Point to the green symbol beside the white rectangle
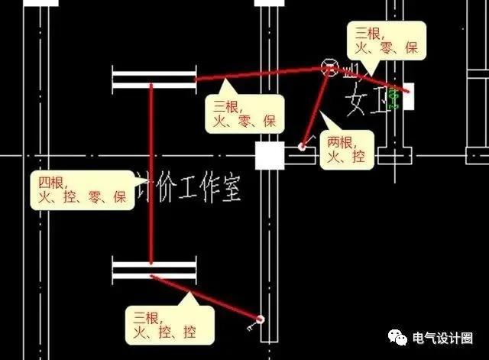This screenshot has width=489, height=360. [x=395, y=98]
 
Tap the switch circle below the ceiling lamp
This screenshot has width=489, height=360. [x=303, y=145]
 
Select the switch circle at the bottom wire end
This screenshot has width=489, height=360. [x=261, y=318]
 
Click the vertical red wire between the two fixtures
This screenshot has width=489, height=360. [x=151, y=176]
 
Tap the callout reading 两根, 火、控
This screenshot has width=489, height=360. [x=345, y=149]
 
